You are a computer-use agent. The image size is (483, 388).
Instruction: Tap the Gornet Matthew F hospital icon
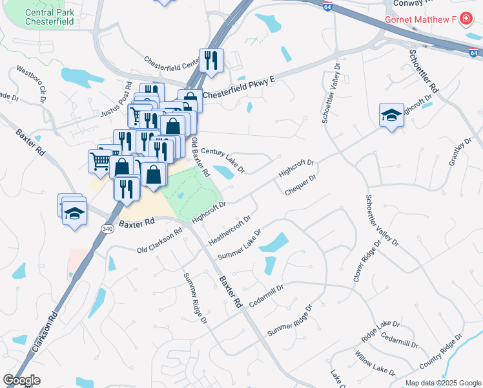tap(466, 19)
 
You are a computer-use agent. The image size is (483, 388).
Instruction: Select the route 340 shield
tap(107, 229)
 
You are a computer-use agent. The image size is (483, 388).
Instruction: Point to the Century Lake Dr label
tap(223, 160)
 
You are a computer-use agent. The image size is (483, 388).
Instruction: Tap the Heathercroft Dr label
tap(229, 231)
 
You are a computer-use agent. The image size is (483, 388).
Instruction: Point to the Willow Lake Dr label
tap(375, 363)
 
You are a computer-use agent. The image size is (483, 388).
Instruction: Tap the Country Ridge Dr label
tap(442, 353)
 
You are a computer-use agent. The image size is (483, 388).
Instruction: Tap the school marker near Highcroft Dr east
tap(391, 115)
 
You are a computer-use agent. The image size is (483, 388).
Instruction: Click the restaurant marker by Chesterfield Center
tap(211, 60)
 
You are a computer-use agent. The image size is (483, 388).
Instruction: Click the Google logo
tap(21, 380)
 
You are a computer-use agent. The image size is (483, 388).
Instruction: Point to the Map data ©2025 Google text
tap(442, 383)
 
